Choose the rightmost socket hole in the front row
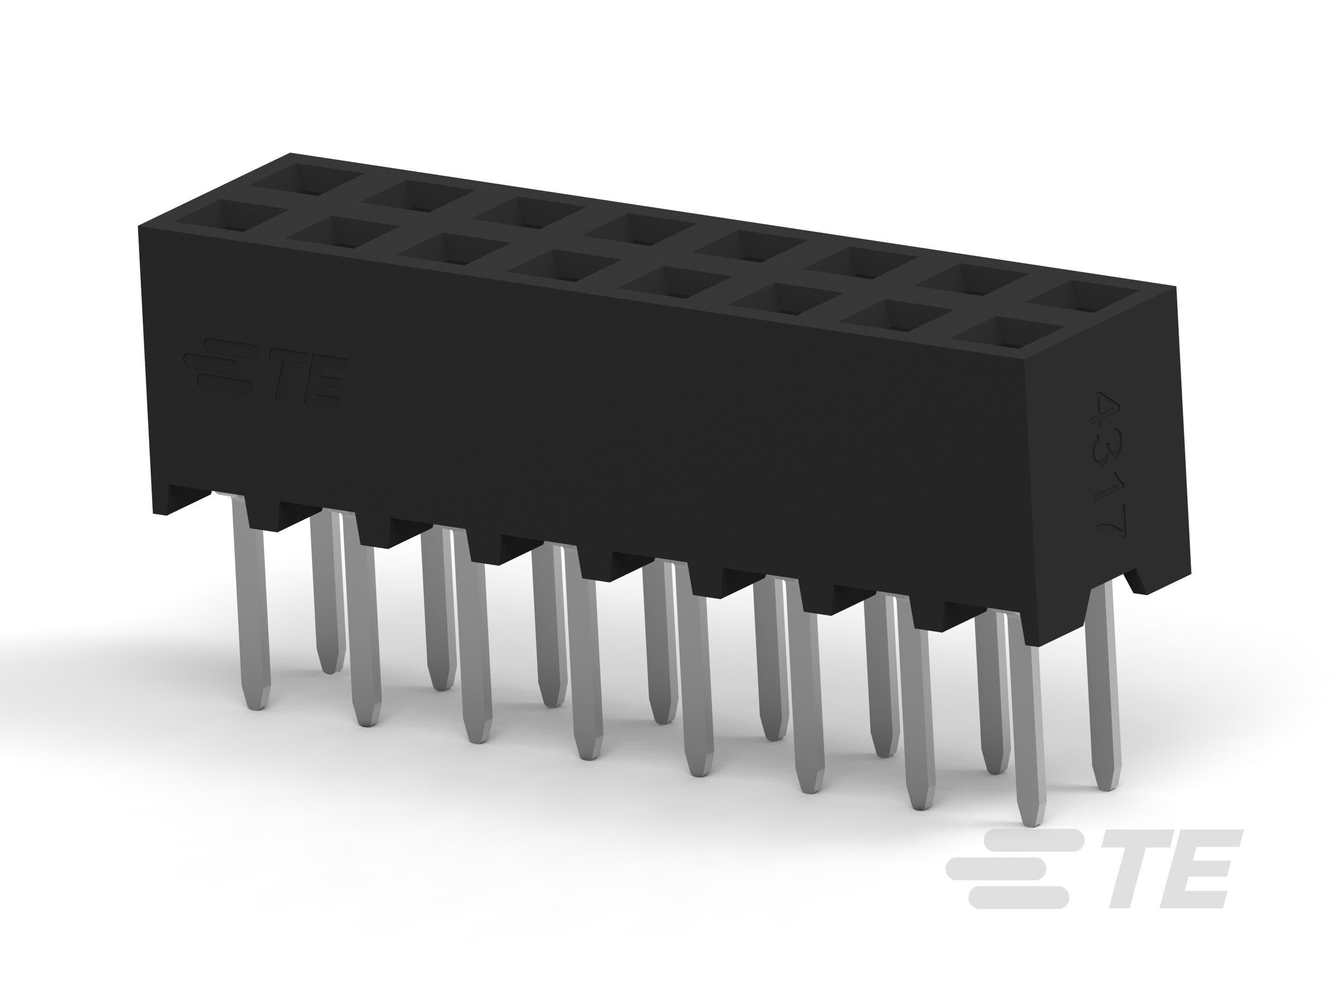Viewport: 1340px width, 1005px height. coord(1007,335)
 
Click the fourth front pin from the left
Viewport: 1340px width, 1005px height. coord(584,666)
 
